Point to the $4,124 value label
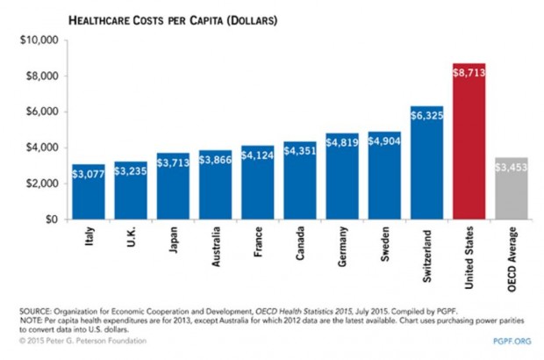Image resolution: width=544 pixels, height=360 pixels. pyautogui.click(x=259, y=155)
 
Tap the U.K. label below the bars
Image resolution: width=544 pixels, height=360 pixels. pyautogui.click(x=132, y=238)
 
